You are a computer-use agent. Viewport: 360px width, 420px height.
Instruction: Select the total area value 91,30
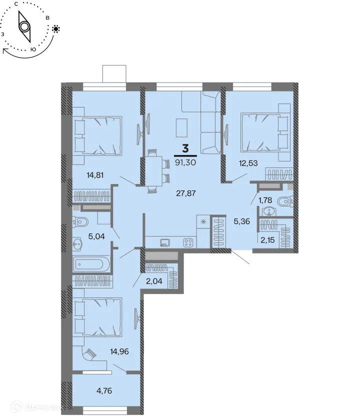click(185, 162)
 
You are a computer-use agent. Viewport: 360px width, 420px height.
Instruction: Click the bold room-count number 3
click(185, 148)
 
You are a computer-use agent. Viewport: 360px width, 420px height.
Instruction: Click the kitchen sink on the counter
click(164, 243)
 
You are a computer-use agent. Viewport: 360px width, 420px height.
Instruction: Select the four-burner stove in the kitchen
click(189, 243)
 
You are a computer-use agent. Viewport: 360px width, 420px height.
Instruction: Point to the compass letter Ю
click(33, 49)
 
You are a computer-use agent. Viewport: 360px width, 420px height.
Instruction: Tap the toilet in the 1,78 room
click(283, 201)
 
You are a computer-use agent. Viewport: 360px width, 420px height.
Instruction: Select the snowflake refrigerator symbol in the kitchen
click(203, 222)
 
